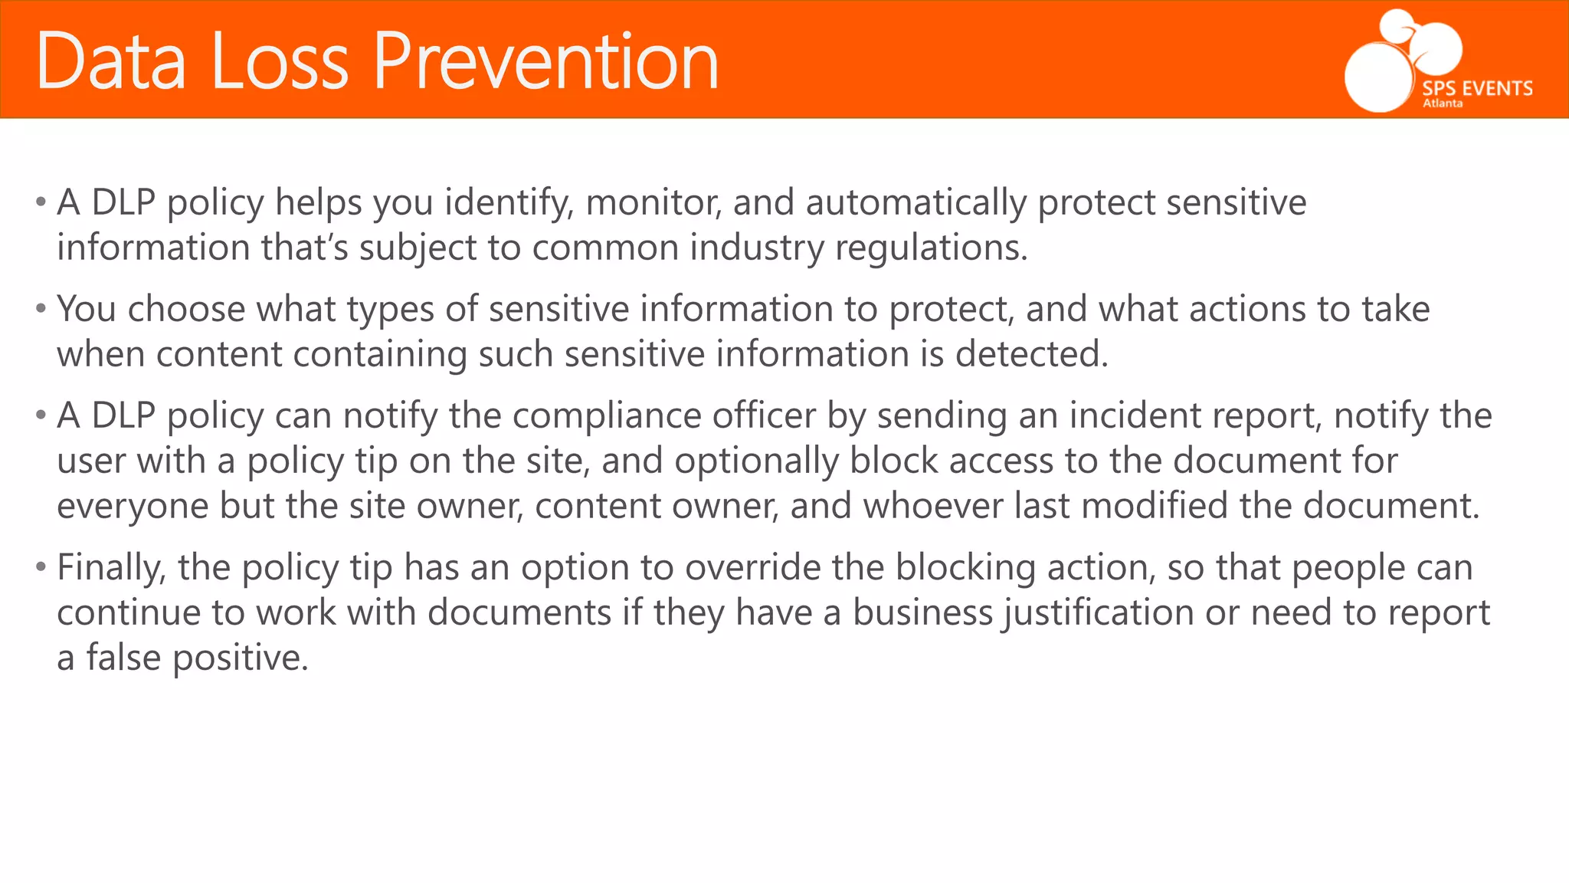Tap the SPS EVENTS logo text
pos(1477,89)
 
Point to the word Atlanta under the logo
pos(1443,103)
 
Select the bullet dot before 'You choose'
pos(41,310)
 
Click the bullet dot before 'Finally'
pos(41,568)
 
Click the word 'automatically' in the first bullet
pos(916,203)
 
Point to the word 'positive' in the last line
pos(240,658)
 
